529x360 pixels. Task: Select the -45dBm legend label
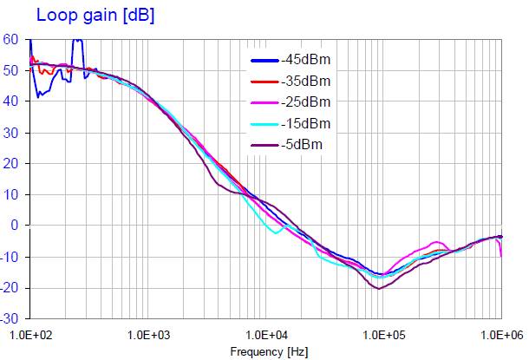(x=306, y=61)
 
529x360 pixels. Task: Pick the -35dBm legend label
(x=306, y=82)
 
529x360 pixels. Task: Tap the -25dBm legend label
(x=306, y=102)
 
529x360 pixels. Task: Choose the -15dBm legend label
(x=306, y=123)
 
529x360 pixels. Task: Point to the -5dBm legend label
(x=303, y=144)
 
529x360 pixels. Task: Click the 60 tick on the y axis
(x=10, y=39)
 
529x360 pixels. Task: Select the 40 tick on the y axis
(x=10, y=101)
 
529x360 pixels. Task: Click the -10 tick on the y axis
(x=10, y=257)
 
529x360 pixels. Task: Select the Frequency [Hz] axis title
(x=269, y=352)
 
